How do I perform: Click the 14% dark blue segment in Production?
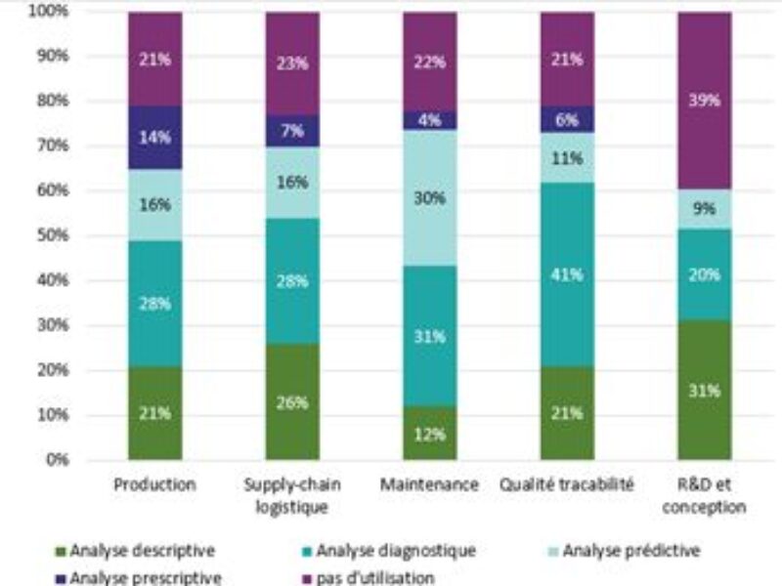pos(154,138)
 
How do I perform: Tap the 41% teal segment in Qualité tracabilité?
pos(567,273)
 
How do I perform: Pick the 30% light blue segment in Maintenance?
pos(429,198)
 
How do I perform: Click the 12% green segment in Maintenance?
pos(429,434)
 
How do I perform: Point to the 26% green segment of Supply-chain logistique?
pos(292,401)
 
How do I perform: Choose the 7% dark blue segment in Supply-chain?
pos(292,131)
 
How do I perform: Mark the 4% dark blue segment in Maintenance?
pos(429,121)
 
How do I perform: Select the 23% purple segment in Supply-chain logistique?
pos(292,64)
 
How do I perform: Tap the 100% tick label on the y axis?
pos(48,12)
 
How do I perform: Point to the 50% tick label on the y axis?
pos(50,235)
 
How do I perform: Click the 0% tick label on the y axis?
pos(55,459)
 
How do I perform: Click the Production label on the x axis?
pos(154,484)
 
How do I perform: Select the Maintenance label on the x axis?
pos(429,484)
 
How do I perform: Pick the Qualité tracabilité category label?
pos(567,484)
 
